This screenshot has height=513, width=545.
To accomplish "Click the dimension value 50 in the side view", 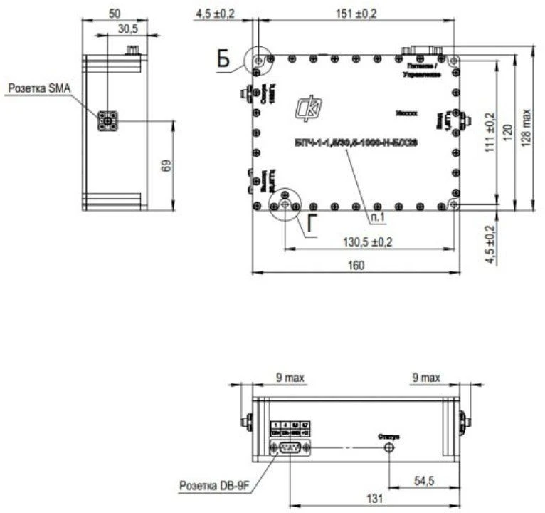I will (115, 12).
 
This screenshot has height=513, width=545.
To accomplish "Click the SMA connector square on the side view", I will (108, 122).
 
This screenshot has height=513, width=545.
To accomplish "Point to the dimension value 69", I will (165, 166).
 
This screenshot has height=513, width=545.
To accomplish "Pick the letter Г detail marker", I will (311, 224).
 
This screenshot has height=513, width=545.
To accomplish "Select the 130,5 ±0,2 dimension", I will (369, 242).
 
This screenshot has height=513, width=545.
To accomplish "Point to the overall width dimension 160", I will (356, 265).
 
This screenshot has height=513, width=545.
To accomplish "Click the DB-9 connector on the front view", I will (288, 447).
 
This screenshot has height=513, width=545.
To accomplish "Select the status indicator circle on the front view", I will (389, 447).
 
